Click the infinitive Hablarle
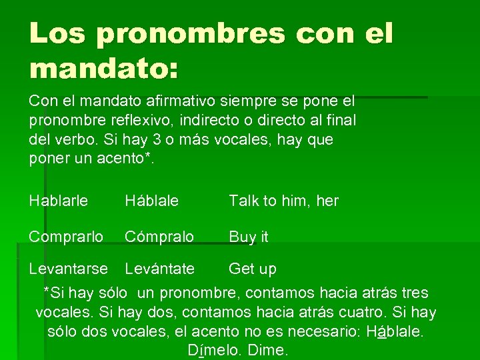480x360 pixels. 59,201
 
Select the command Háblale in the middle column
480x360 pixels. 152,201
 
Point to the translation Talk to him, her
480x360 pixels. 283,201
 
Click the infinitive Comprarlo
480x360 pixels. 66,237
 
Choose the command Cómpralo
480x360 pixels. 159,237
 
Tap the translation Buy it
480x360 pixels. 249,237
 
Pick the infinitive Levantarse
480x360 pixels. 68,269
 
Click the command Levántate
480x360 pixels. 160,269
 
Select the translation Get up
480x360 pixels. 252,269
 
